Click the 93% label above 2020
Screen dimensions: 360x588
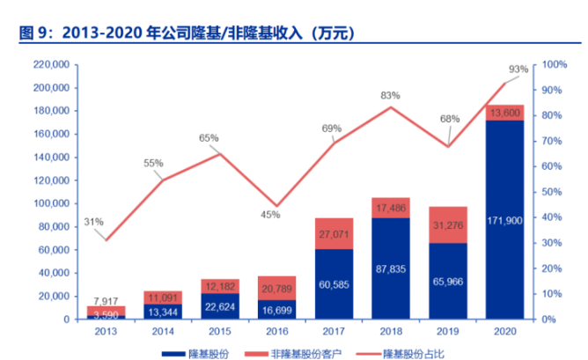(x=518, y=69)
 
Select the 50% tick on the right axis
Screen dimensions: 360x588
(x=553, y=192)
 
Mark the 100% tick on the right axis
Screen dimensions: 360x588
(x=555, y=65)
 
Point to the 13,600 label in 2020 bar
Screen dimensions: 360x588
(x=503, y=113)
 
